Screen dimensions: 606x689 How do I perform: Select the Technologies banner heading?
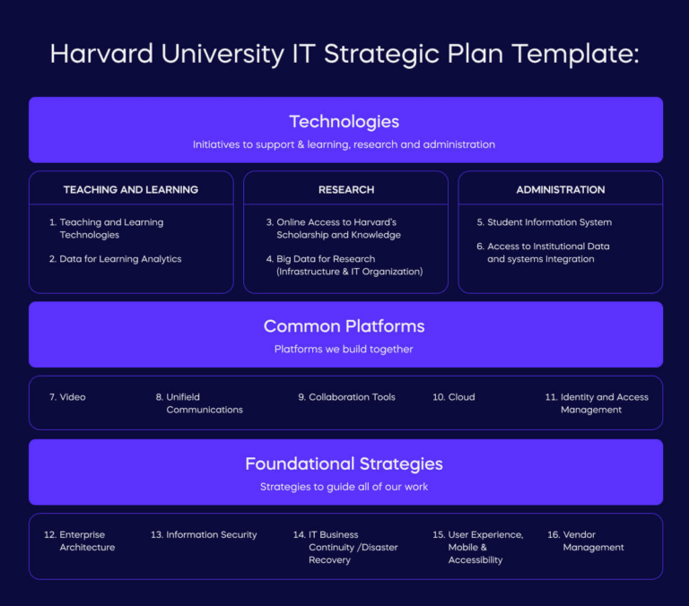[344, 122]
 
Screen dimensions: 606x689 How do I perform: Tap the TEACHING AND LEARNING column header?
[131, 190]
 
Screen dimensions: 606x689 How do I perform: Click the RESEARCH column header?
[345, 190]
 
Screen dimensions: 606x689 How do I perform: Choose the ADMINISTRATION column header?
[561, 190]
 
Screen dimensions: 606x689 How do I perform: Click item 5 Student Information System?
[549, 222]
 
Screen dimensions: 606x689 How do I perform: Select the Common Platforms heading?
[344, 326]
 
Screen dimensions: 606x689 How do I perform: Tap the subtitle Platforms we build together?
[344, 349]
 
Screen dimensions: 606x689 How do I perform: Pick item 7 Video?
[68, 397]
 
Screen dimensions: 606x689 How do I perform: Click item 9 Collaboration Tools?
[347, 397]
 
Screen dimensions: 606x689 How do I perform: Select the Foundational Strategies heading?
[344, 464]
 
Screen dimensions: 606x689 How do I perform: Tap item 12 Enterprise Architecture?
[81, 541]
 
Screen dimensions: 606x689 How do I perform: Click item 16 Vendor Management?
[587, 541]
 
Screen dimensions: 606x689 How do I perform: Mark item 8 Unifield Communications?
[200, 403]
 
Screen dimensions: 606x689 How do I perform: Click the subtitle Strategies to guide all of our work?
[344, 487]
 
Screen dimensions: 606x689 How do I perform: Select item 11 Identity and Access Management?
[597, 403]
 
